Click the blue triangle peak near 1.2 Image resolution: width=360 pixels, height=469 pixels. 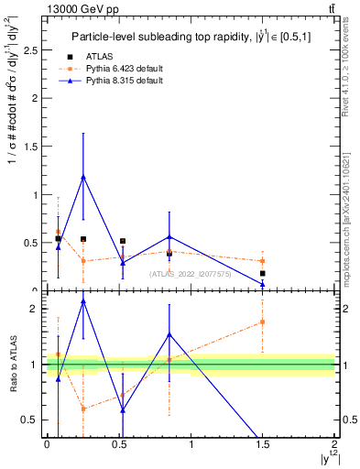click(83, 177)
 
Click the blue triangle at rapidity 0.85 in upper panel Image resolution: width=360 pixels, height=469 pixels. click(169, 236)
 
